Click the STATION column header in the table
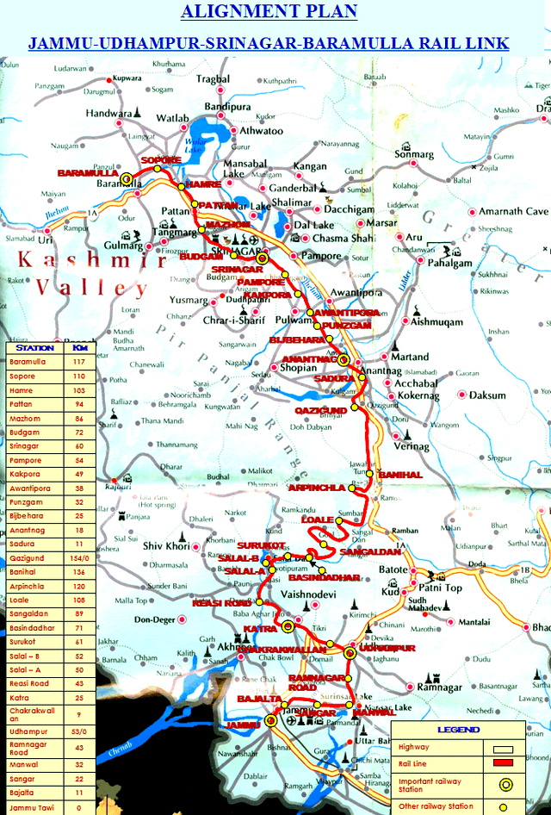[35, 347]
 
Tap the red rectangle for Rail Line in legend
[505, 762]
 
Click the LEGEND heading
[458, 730]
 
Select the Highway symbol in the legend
[505, 747]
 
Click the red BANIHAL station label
[400, 475]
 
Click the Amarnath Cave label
[513, 212]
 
